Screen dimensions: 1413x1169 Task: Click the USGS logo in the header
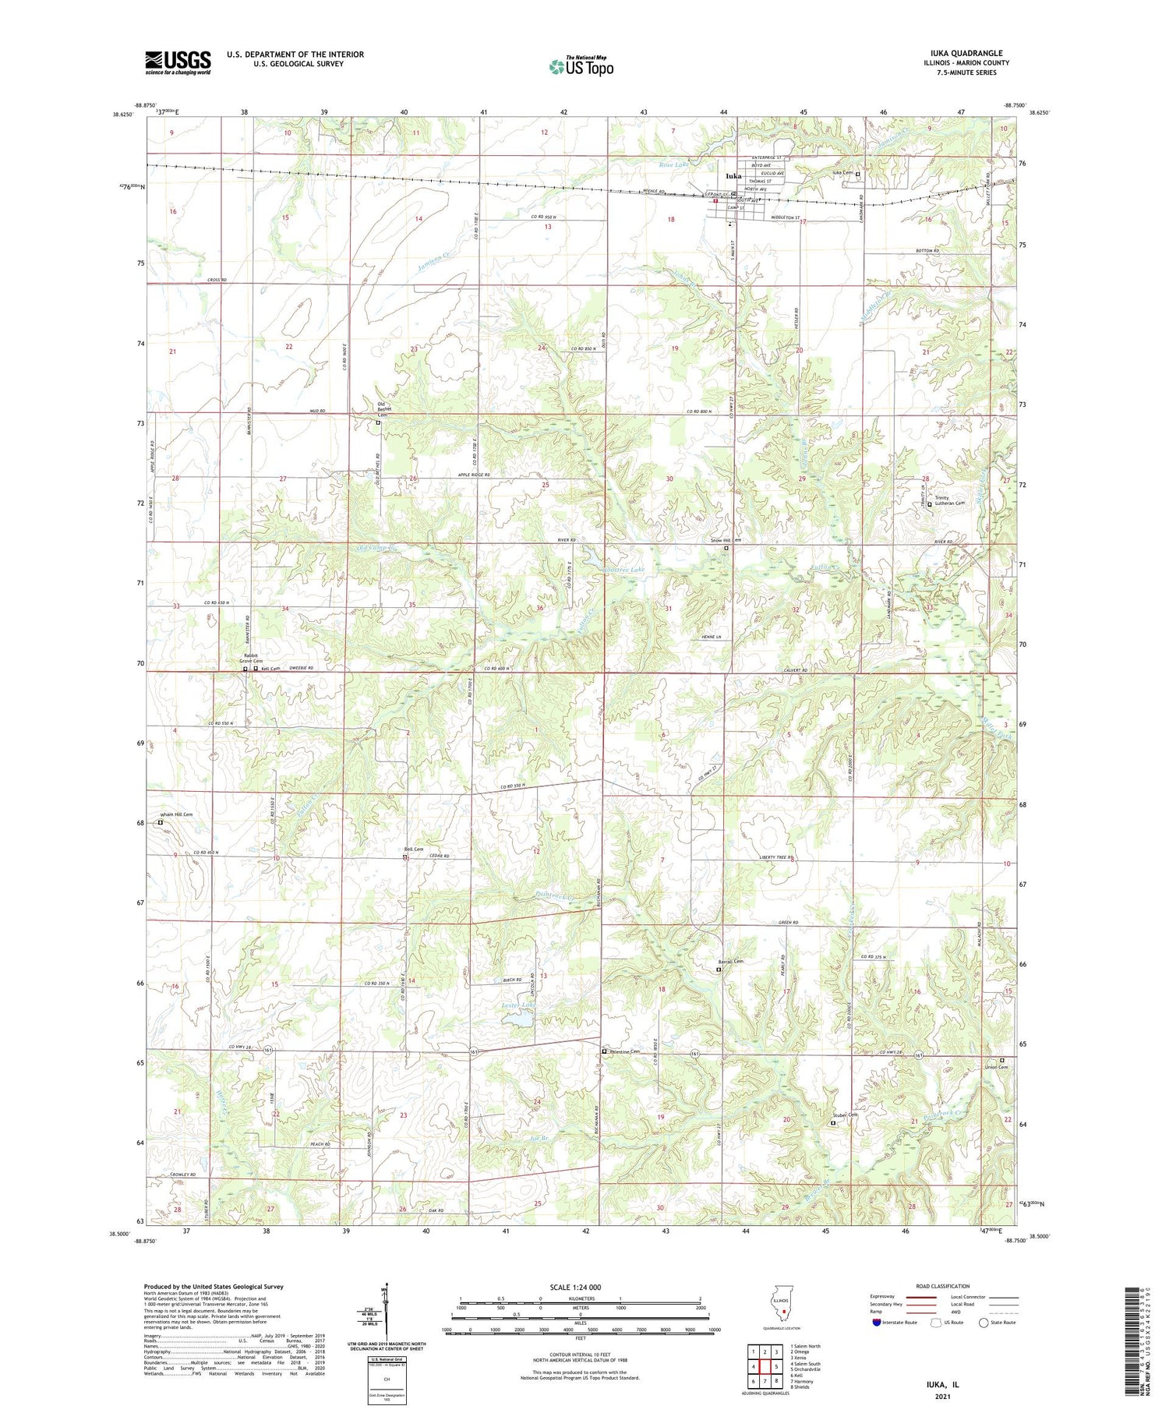coord(178,62)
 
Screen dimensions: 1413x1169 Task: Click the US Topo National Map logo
coord(581,66)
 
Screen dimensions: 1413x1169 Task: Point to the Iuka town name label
coord(733,176)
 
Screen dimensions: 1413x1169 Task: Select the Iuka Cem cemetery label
coord(843,173)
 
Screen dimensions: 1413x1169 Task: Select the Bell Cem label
coord(413,850)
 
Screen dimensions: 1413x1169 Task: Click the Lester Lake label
coord(517,1005)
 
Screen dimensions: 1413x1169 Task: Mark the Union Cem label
coord(996,1067)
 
